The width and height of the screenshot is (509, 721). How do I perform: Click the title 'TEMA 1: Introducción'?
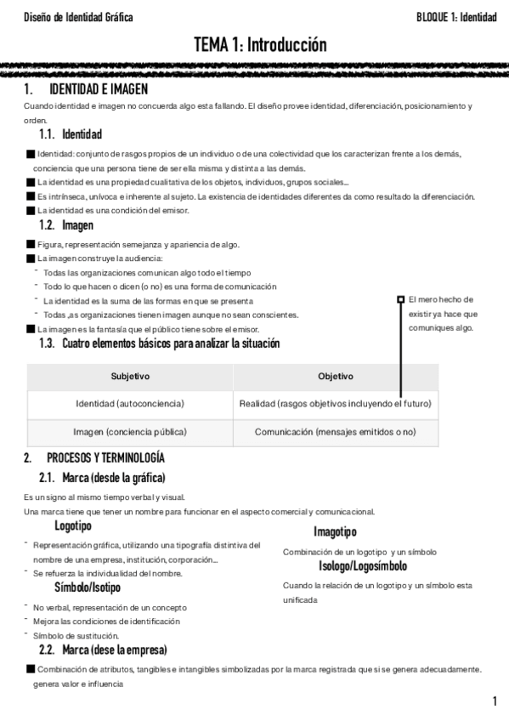[x=259, y=44]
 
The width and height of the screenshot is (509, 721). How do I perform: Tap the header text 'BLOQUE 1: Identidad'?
[x=456, y=17]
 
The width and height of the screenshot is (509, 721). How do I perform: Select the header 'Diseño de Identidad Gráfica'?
[x=79, y=17]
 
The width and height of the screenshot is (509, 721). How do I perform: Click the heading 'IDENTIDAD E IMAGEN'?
[x=99, y=88]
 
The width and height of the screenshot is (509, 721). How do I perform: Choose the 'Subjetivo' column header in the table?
[x=131, y=376]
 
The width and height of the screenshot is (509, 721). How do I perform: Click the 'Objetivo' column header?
[x=336, y=376]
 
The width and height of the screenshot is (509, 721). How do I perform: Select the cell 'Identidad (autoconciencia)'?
[x=130, y=403]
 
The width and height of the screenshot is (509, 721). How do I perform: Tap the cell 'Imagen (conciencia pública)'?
[x=130, y=432]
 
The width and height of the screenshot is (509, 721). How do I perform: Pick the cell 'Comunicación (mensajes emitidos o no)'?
[x=336, y=432]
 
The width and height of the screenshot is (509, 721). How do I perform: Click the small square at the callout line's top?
[x=401, y=299]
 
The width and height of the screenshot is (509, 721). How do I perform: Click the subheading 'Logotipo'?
[x=73, y=526]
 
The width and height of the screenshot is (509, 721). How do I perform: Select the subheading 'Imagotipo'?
[x=335, y=532]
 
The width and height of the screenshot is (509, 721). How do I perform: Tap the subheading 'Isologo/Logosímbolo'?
[x=363, y=565]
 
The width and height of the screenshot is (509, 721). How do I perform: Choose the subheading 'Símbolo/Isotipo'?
[x=88, y=588]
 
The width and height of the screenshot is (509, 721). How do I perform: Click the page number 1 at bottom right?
[x=494, y=701]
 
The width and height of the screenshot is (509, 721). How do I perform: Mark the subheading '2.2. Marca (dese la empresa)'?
[x=112, y=650]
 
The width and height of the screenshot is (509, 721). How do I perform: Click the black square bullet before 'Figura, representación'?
[x=31, y=245]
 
